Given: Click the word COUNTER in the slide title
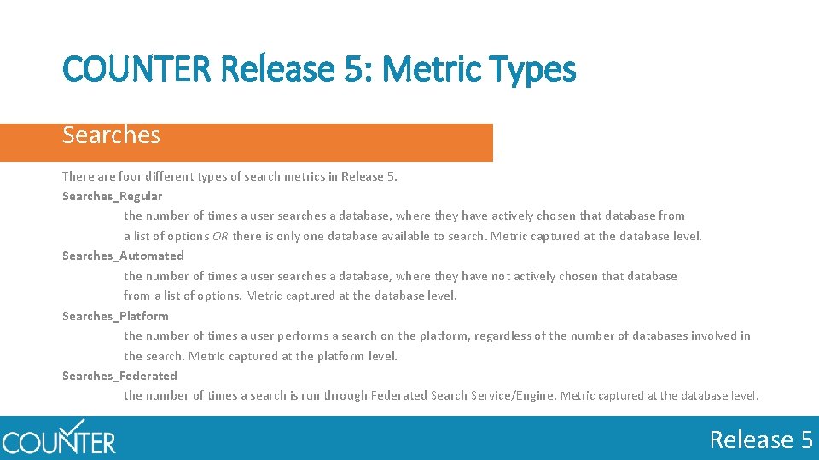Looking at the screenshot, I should [x=137, y=69].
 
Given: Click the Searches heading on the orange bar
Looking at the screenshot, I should [x=111, y=135].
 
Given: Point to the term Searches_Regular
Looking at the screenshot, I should [x=112, y=196].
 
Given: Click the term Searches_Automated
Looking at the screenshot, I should [x=123, y=256].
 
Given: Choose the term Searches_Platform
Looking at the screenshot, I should [x=115, y=316].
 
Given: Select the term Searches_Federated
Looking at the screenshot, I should [x=119, y=376].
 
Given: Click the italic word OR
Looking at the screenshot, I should [x=220, y=236].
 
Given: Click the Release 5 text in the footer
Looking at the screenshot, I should [x=761, y=440].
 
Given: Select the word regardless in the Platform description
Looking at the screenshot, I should [x=502, y=336].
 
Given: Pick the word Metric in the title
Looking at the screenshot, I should [x=433, y=69].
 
